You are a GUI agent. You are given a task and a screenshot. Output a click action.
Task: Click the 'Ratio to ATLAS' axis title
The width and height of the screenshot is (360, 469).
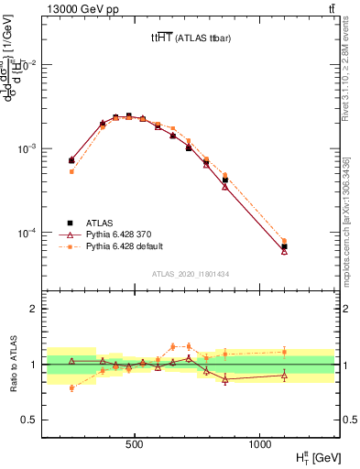13,365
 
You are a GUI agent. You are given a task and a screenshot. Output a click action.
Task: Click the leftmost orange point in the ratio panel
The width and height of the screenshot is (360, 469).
71,387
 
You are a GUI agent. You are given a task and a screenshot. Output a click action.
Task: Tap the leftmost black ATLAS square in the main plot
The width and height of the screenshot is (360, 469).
71,160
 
